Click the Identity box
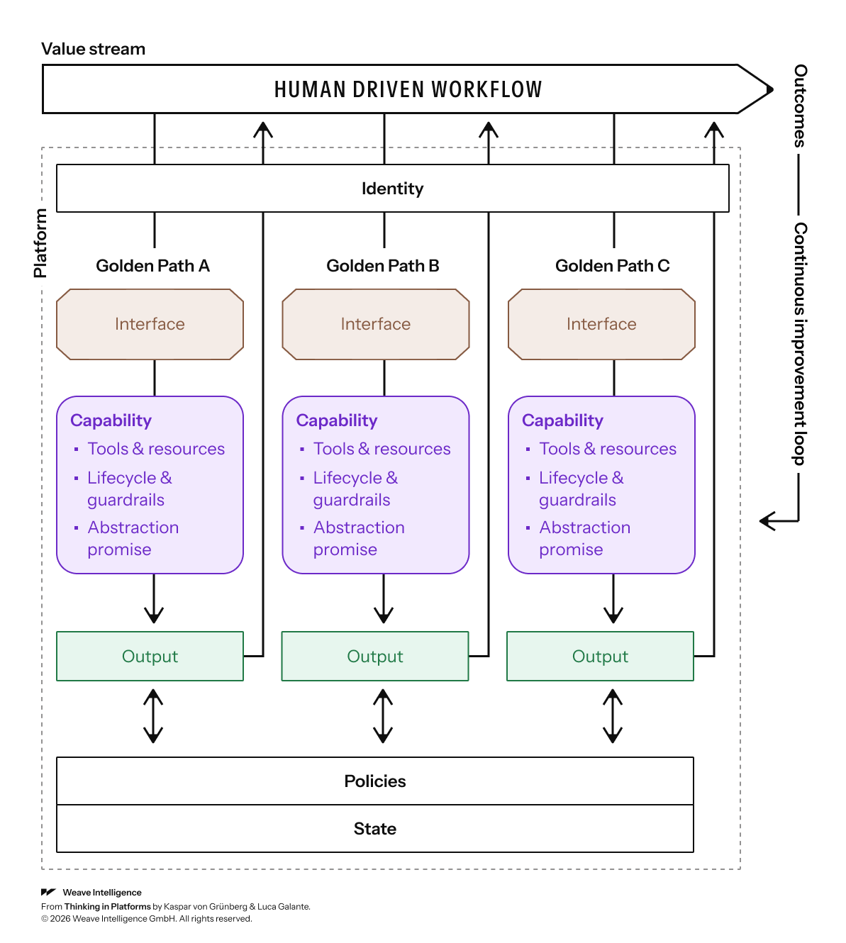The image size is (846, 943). point(392,188)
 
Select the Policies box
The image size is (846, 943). point(375,781)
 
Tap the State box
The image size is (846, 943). point(375,829)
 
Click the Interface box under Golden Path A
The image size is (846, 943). point(150,324)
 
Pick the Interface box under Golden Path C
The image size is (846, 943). point(601,324)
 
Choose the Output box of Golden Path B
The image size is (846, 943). point(375,656)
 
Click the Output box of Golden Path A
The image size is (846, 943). point(150,656)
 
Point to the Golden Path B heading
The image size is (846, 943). point(383,266)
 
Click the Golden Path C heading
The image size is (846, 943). point(612,266)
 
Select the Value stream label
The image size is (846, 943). point(93,49)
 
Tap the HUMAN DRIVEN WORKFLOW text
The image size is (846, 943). point(408,89)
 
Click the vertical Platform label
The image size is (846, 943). point(40,243)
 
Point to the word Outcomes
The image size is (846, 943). point(800,106)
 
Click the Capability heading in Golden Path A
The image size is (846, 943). point(111,420)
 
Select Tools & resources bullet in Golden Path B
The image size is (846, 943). point(382,449)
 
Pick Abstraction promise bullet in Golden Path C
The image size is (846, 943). point(584,538)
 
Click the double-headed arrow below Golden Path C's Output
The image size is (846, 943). point(613,716)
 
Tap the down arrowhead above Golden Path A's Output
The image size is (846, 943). point(154,615)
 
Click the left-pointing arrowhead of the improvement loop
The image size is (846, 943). point(767,521)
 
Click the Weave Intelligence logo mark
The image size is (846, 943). point(48,892)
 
